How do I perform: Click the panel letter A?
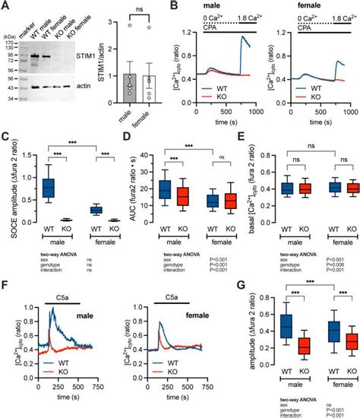5,6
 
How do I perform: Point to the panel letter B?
175,6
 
